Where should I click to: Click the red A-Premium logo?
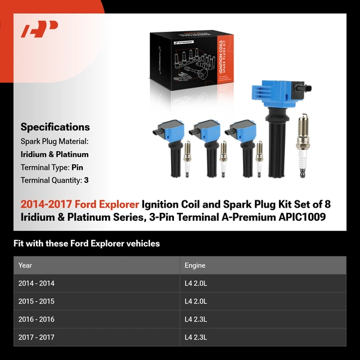pos(40,28)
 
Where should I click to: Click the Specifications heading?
pos(55,127)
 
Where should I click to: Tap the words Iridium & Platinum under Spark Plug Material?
pos(55,154)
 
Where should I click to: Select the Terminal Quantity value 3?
pos(86,179)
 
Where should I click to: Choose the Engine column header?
pos(195,265)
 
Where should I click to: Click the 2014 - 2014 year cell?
pos(36,283)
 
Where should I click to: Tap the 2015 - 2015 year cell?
pos(36,301)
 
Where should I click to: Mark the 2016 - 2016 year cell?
pos(36,319)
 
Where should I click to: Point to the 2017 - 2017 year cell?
pos(36,337)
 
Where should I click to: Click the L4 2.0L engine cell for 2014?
pos(196,283)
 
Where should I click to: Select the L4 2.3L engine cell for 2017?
pos(196,337)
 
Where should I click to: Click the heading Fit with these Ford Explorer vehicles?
pos(86,244)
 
